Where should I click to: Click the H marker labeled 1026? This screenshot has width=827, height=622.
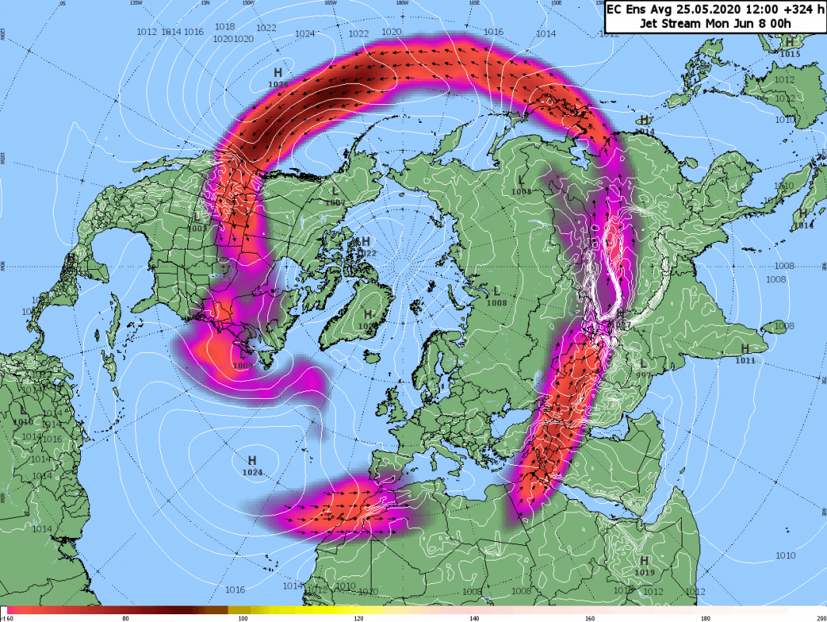click(277, 73)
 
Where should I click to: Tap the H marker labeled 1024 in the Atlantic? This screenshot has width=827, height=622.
click(252, 461)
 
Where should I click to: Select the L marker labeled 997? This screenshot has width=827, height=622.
click(643, 365)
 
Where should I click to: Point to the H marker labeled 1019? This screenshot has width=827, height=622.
click(644, 561)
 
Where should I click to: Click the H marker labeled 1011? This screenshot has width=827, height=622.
click(745, 348)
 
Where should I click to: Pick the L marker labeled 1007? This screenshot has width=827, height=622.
click(335, 191)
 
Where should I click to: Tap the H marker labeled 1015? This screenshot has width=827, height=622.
click(789, 43)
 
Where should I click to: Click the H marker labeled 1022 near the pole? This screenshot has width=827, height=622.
click(365, 242)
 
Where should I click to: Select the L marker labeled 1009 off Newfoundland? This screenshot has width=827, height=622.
click(243, 354)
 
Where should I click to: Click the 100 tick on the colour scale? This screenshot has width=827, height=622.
click(243, 618)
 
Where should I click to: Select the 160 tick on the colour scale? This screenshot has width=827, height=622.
click(590, 618)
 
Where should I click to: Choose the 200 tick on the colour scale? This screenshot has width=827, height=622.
click(818, 618)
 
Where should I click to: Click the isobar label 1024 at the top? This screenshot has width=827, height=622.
click(305, 33)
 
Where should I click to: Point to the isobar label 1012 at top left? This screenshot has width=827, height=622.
click(145, 32)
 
